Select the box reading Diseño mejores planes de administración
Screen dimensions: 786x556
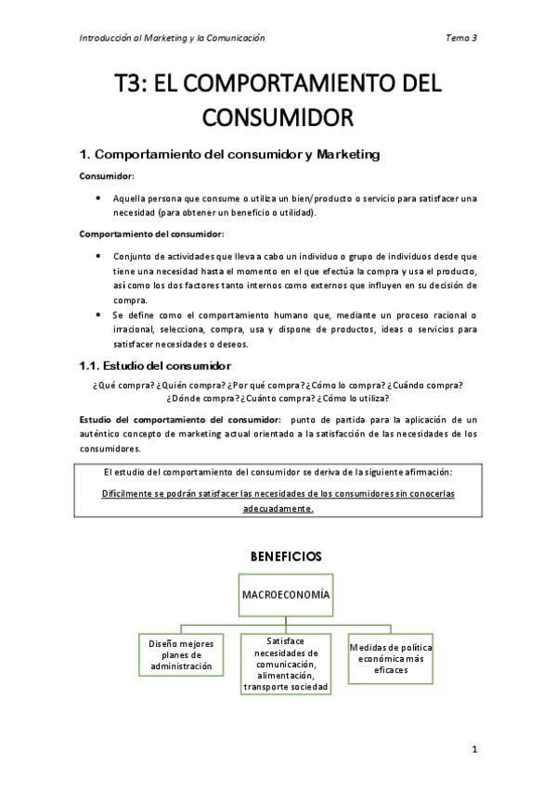coord(180,654)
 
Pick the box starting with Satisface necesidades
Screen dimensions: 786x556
coord(285,664)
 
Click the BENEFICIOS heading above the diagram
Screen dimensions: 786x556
coord(286,556)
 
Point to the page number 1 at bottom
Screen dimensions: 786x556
coord(473,749)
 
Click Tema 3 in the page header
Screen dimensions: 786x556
coord(461,38)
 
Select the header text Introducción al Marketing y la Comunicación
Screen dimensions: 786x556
coord(172,38)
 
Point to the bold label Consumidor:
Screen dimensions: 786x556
coord(106,176)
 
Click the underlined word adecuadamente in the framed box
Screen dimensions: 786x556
coord(278,509)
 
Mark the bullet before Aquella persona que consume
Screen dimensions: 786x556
coord(98,198)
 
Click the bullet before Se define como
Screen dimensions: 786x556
coord(98,315)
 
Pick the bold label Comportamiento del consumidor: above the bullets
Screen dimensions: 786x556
coord(150,234)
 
